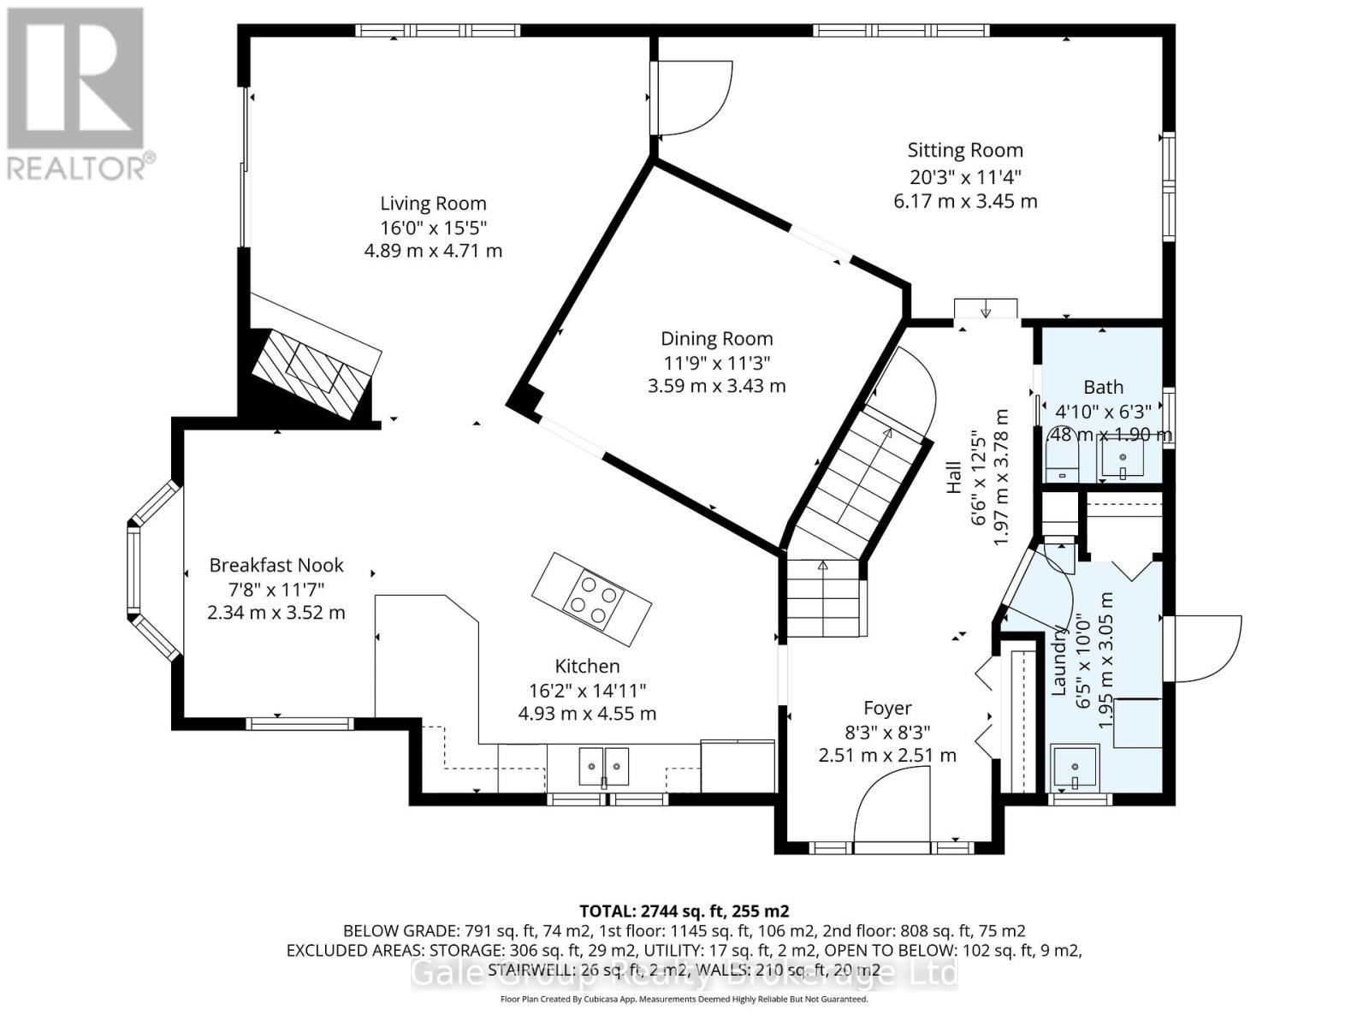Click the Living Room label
pos(433,204)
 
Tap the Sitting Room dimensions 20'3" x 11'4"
pos(965,176)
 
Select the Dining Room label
pos(716,339)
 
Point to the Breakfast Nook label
pos(276,565)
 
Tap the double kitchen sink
pos(604,764)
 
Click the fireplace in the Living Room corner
pos(315,372)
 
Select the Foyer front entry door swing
pos(892,804)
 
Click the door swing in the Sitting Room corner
pos(693,98)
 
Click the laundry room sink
pos(1075,767)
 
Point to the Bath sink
pos(1123,458)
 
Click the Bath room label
pos(1103,387)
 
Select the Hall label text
pos(954,478)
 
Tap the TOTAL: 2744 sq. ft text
pos(684,911)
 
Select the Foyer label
pos(887,709)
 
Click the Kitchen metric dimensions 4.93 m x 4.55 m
pos(587,713)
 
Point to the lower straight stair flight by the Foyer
pos(822,597)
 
